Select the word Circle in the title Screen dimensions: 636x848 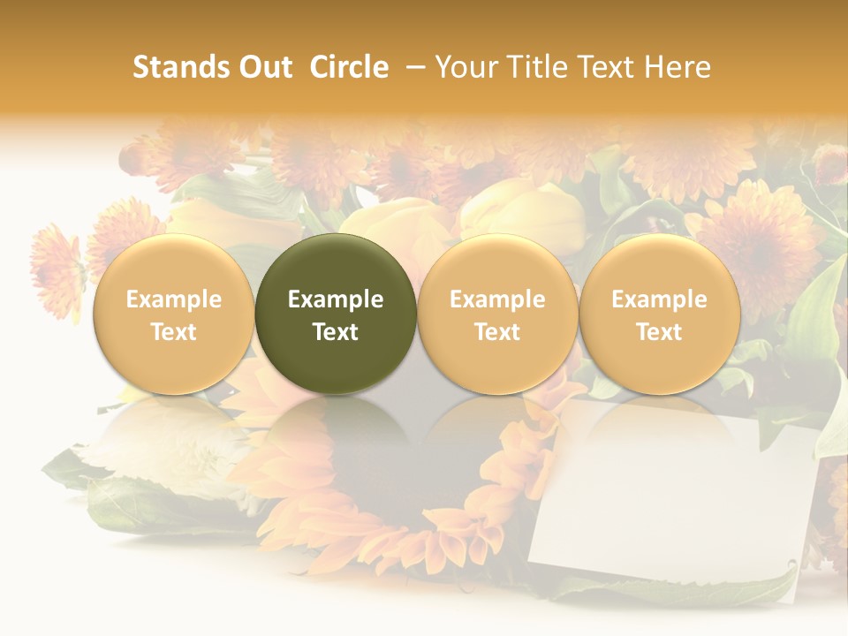pos(349,67)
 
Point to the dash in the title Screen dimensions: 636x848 pos(416,67)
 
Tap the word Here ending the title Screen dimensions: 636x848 pos(678,67)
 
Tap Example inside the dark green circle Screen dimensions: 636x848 pos(336,299)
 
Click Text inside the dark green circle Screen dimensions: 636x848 pos(336,332)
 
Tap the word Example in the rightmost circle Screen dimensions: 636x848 pos(660,299)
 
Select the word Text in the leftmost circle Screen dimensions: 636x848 pos(174,332)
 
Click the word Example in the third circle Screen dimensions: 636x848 pos(497,299)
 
